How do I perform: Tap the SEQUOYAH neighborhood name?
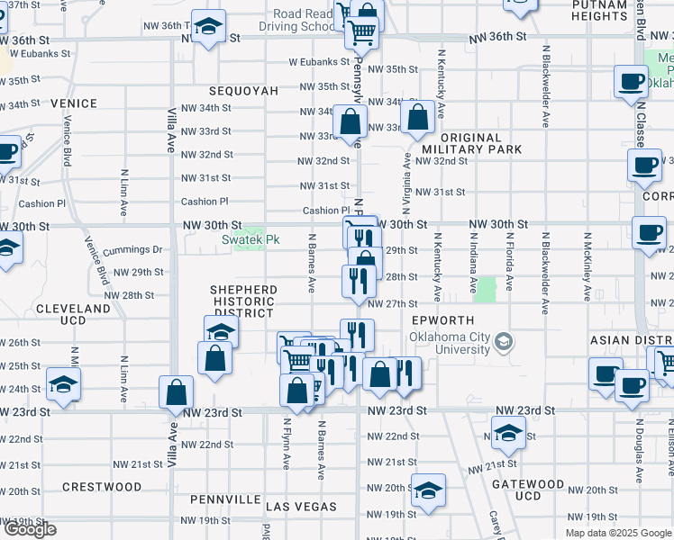click(x=243, y=91)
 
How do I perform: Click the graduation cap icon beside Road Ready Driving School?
click(x=208, y=28)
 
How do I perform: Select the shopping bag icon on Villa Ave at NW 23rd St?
click(x=177, y=392)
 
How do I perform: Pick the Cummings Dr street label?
click(x=132, y=249)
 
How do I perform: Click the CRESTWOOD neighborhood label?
click(x=102, y=487)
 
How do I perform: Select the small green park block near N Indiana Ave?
click(x=487, y=290)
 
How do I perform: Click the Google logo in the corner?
click(x=30, y=529)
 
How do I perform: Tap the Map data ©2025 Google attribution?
click(x=617, y=533)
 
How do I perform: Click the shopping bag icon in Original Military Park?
click(x=419, y=118)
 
